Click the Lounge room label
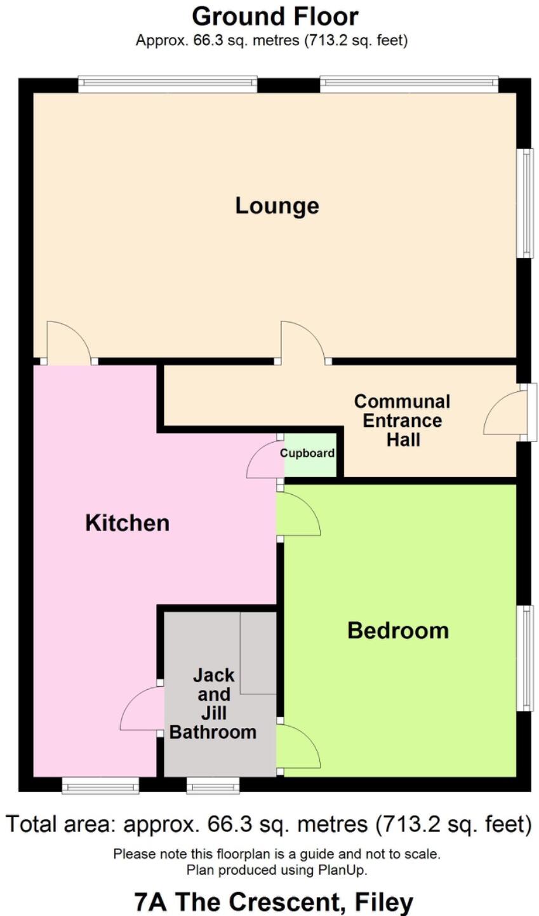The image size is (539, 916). (277, 206)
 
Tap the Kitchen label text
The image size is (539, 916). (128, 523)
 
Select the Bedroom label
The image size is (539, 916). (398, 631)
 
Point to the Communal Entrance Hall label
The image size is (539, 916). (403, 421)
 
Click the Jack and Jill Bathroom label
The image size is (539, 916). (213, 703)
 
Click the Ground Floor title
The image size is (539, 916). (275, 16)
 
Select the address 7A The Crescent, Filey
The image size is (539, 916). (274, 901)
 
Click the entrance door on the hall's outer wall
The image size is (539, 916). (506, 414)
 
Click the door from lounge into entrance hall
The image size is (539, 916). (303, 344)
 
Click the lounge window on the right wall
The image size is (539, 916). (525, 203)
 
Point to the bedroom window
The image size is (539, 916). (525, 657)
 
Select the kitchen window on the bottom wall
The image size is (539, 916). (100, 786)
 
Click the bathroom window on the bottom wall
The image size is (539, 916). (213, 786)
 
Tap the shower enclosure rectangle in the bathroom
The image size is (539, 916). (258, 652)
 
